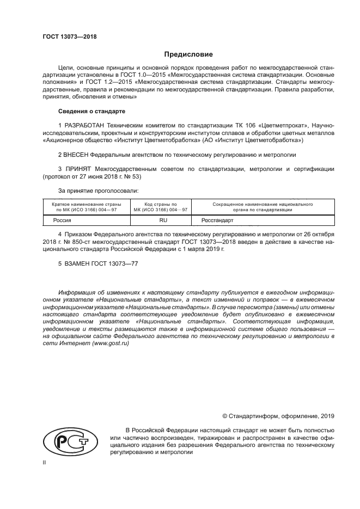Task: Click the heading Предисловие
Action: coord(188,54)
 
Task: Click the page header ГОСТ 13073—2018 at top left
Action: coord(69,37)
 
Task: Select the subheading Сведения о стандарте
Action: coord(91,111)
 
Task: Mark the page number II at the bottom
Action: coord(45,462)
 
